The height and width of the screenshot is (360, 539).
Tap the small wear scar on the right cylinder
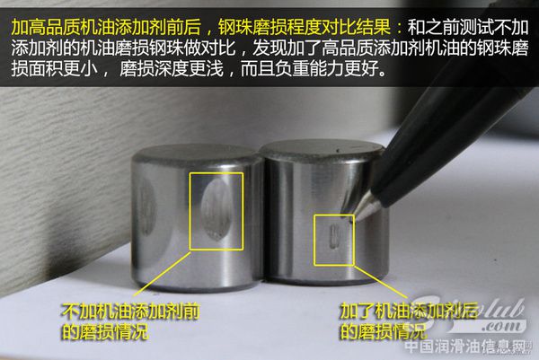click(333, 238)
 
